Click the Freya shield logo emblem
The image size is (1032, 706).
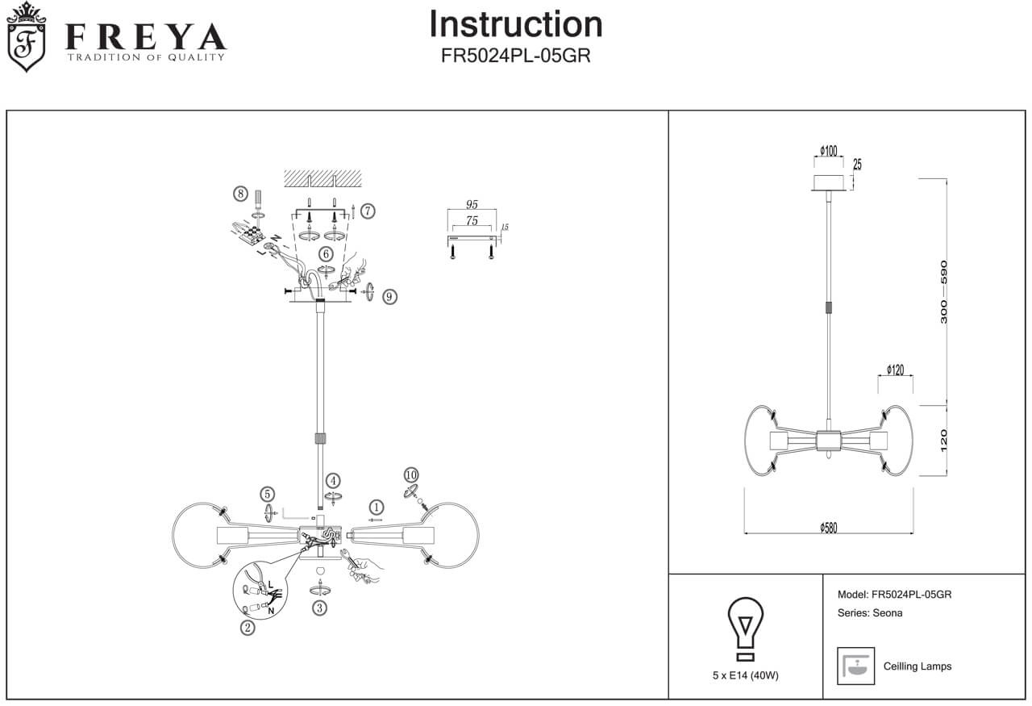coord(27,37)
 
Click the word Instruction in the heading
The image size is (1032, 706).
coord(515,24)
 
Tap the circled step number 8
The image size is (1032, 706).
coord(240,194)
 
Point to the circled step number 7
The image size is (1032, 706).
coord(368,211)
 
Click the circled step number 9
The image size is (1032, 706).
coord(389,297)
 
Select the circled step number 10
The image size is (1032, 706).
coord(411,474)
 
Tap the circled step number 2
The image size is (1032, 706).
coord(248,627)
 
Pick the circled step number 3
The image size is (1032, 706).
coord(320,608)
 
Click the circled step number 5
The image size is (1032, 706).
coord(268,495)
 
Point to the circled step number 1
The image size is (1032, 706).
coord(376,508)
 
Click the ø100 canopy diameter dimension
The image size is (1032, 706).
coord(828,151)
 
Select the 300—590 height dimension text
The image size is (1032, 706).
coord(944,292)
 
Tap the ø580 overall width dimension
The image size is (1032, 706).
coord(828,528)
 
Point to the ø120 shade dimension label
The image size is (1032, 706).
coord(895,370)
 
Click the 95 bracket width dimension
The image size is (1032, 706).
coord(472,205)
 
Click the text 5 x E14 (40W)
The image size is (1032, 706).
coord(746,676)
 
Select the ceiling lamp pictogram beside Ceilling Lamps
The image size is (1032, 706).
coord(856,666)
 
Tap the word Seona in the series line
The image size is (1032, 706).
coord(888,613)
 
